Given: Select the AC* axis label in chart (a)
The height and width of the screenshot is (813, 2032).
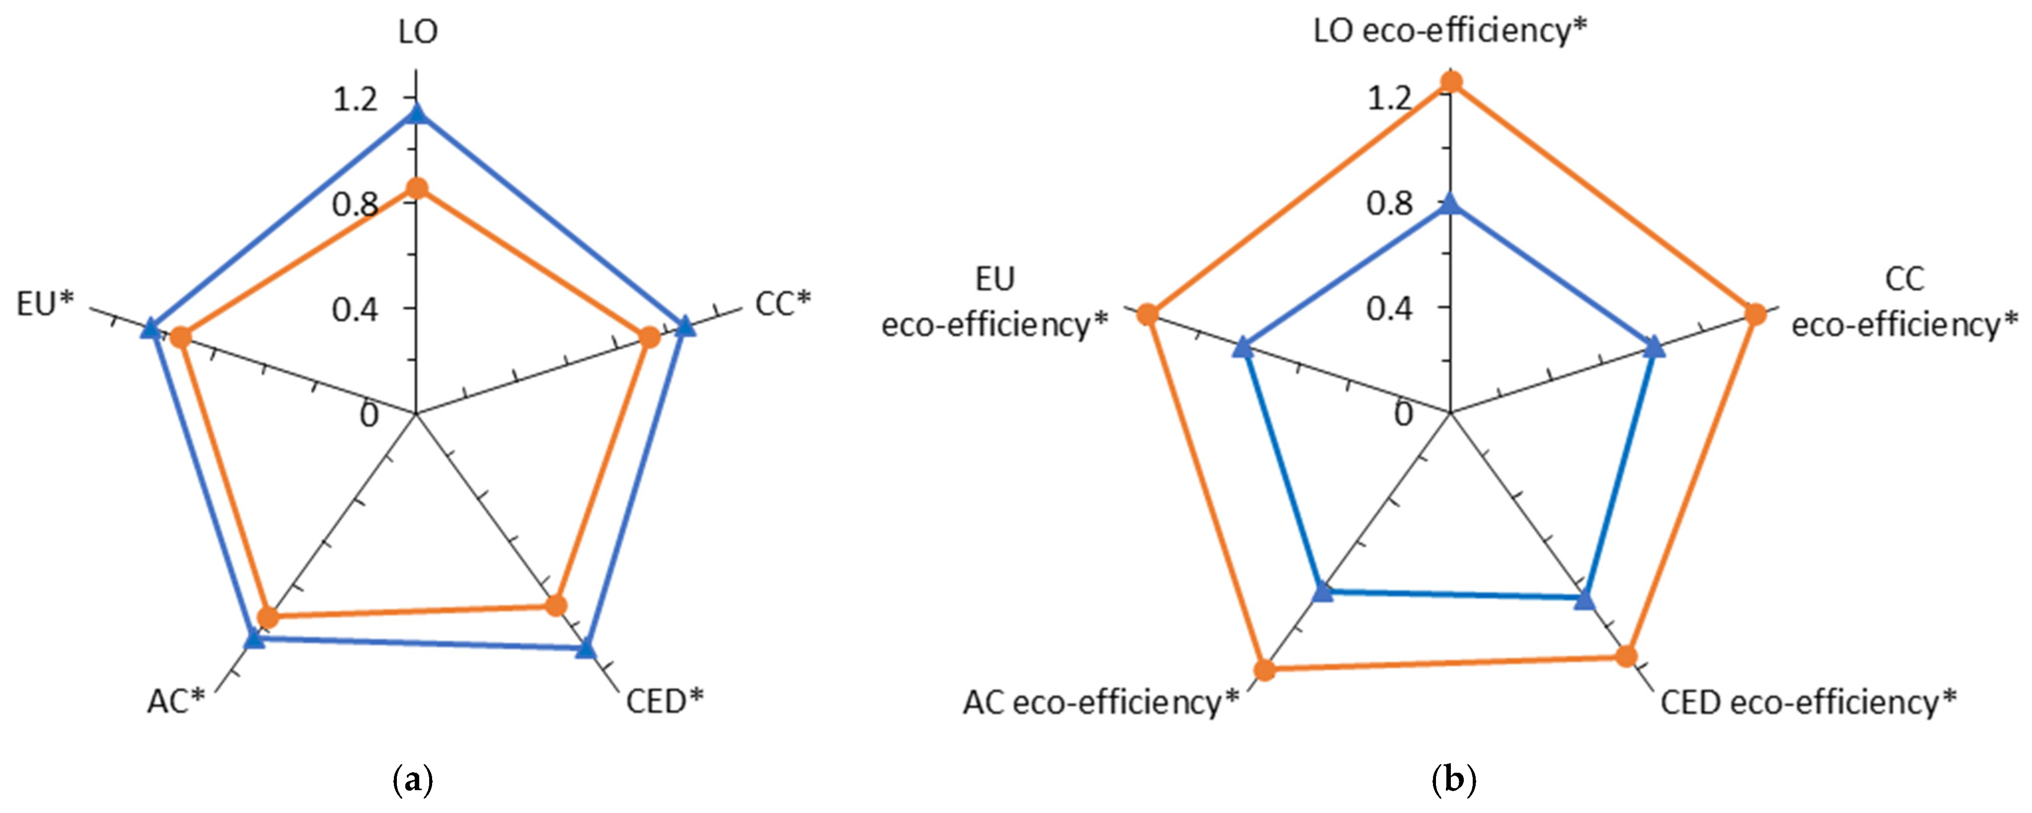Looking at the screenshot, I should click(176, 701).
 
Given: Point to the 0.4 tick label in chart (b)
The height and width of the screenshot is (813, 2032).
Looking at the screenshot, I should click(1390, 308).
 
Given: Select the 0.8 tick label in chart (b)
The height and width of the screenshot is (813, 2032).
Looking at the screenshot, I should click(1390, 204).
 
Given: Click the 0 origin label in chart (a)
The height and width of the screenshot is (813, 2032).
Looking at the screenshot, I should click(369, 415).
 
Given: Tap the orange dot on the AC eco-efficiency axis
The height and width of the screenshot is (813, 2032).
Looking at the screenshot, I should click(1265, 670).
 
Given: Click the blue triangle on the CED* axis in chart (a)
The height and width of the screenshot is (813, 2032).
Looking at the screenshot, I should click(585, 650).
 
